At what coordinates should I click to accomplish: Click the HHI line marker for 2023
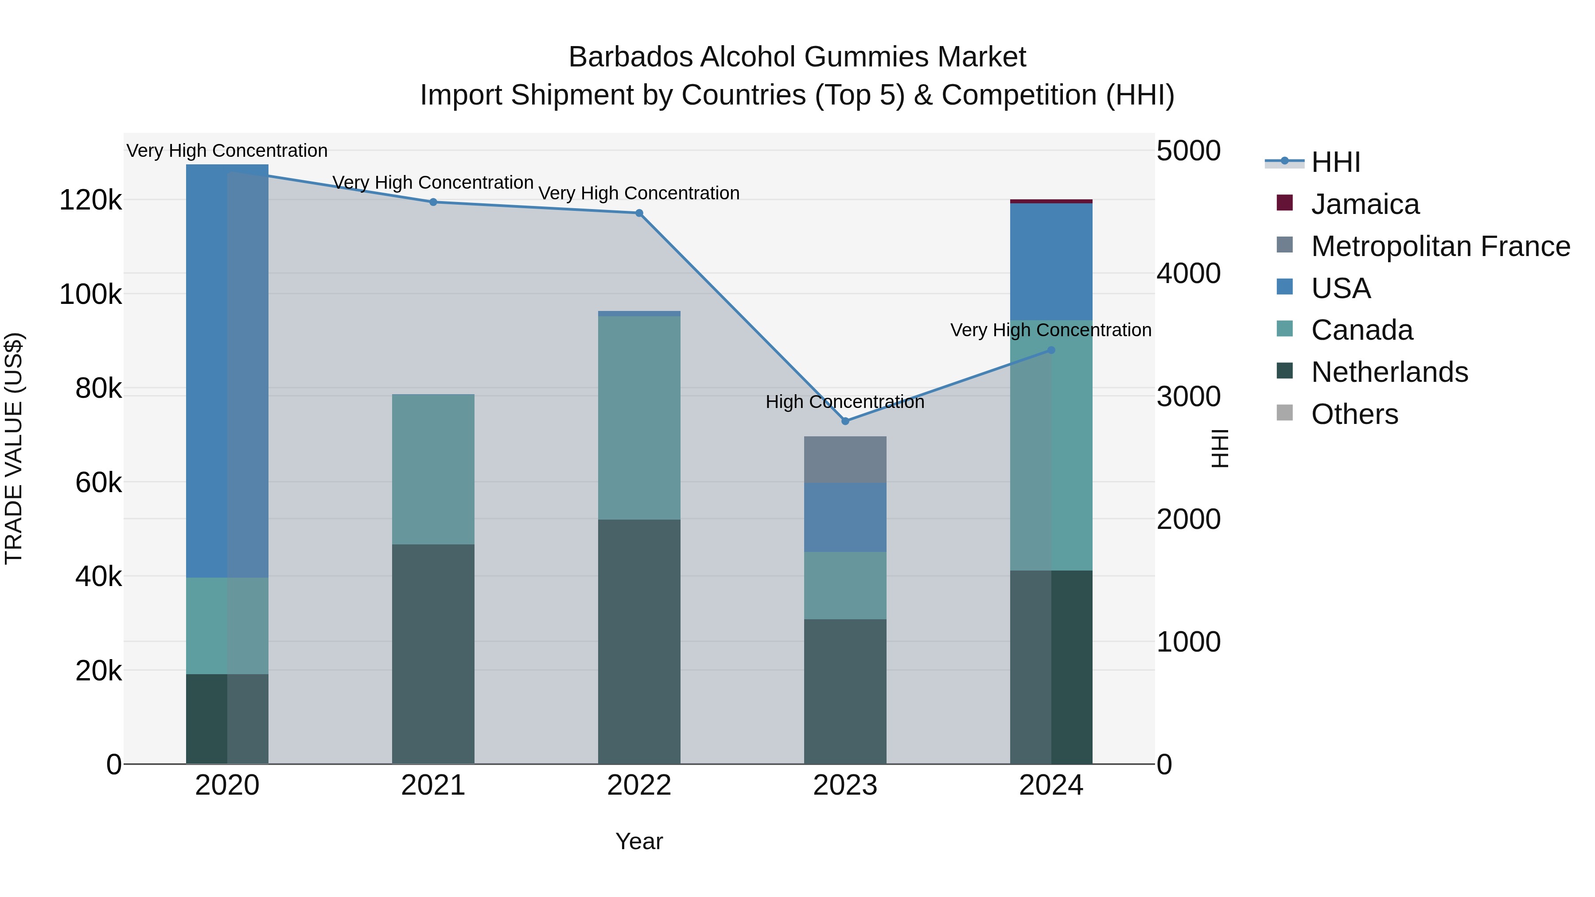click(845, 421)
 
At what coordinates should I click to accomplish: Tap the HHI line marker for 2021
click(433, 202)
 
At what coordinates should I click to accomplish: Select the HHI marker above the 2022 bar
click(639, 213)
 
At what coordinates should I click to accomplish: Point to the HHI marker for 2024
click(1051, 350)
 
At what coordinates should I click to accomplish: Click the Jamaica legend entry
click(1365, 204)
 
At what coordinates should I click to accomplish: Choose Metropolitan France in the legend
click(1440, 246)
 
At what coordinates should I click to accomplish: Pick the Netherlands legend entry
click(1389, 372)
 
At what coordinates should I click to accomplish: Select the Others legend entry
click(1354, 414)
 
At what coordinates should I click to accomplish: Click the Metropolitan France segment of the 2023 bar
click(845, 460)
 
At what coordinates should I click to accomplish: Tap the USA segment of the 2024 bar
click(1051, 261)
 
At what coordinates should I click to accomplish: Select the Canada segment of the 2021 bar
click(433, 469)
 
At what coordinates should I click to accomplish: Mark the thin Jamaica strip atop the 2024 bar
click(1051, 201)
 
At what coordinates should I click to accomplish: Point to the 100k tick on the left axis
click(90, 295)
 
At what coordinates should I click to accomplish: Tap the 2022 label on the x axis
click(639, 785)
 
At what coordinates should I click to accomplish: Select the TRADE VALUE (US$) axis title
click(14, 448)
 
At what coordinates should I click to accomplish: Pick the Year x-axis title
click(639, 841)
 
